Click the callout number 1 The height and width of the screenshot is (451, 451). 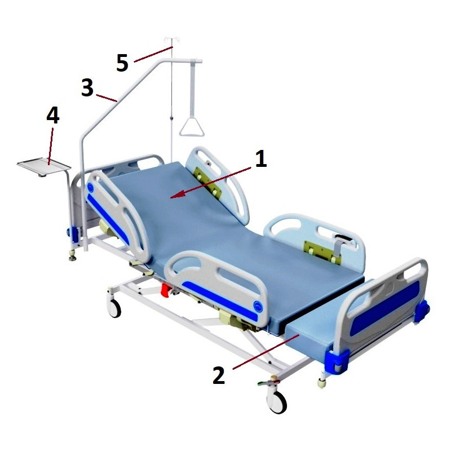261,158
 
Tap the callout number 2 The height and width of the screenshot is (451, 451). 219,375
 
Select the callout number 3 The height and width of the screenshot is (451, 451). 87,87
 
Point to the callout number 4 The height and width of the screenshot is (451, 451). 53,115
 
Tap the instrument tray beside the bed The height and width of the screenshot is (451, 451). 44,166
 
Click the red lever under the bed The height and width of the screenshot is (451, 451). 166,290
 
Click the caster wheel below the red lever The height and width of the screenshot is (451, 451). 114,308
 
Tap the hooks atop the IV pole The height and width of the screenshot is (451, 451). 172,39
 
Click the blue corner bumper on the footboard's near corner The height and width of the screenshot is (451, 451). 337,361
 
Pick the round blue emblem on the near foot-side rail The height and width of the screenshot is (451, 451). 258,306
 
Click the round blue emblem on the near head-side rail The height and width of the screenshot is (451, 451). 91,188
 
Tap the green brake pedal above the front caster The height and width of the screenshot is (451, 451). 264,383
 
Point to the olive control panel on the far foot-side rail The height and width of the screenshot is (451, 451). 322,252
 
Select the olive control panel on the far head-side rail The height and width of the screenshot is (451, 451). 207,182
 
